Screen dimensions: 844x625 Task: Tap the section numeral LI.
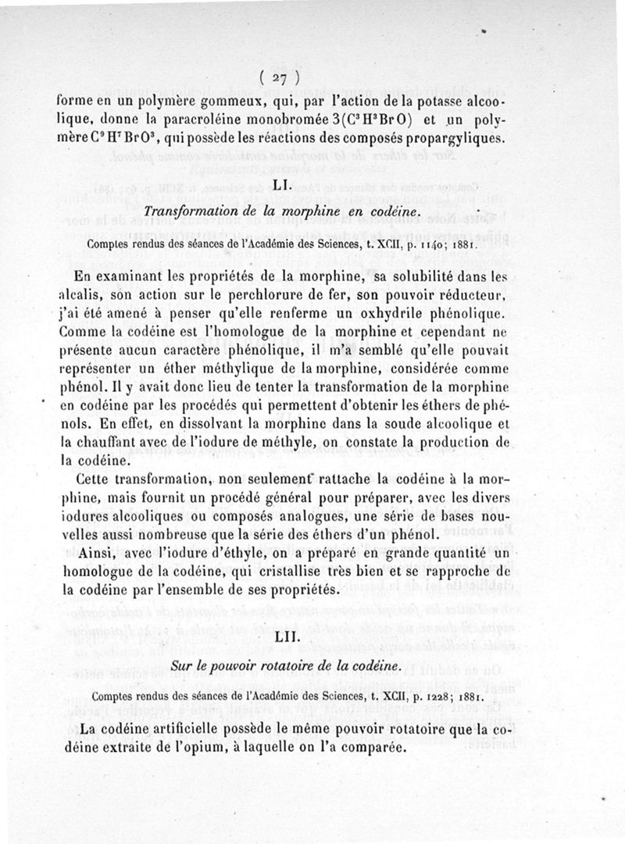[283, 186]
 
